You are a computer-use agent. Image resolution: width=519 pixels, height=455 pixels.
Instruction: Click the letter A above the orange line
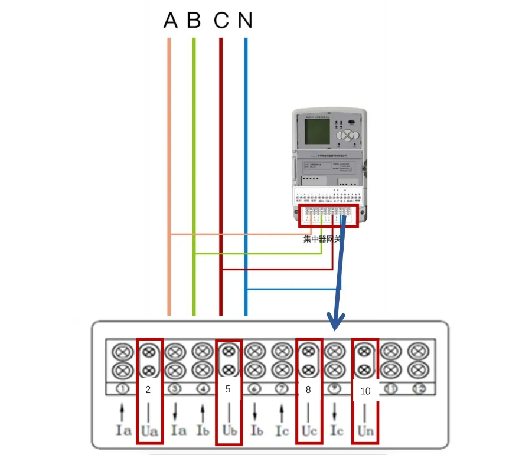(170, 21)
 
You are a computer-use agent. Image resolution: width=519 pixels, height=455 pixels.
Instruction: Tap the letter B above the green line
(194, 21)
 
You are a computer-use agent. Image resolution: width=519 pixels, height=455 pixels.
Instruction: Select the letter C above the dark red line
(221, 21)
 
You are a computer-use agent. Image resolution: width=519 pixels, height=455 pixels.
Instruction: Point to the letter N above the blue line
(245, 21)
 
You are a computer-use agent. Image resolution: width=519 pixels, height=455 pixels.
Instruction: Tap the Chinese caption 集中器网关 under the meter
(322, 239)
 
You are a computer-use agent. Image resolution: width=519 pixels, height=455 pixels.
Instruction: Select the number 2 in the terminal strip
(149, 389)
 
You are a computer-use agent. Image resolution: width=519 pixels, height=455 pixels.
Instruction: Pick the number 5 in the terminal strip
(228, 389)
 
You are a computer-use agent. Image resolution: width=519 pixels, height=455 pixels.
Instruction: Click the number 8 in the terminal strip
(308, 389)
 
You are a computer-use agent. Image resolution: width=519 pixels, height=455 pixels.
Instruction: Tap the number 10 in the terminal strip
(365, 391)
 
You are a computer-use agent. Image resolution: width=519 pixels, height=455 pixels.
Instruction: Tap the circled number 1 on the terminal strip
(122, 389)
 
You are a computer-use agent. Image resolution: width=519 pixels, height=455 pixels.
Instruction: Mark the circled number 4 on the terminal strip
(202, 389)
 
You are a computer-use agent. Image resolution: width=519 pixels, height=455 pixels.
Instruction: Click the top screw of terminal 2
(149, 352)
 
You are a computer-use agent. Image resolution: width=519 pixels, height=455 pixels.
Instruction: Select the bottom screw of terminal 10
(365, 370)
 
